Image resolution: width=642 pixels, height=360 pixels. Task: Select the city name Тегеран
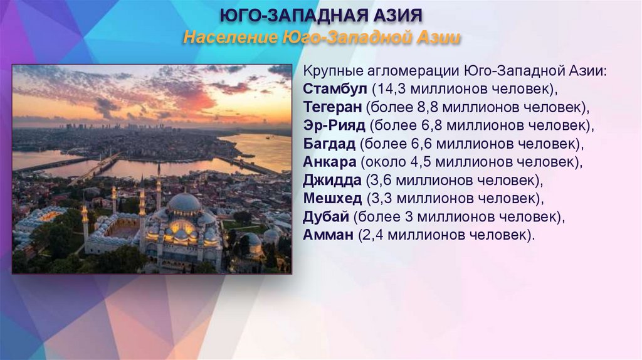(332, 107)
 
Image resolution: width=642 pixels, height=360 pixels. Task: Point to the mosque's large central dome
(184, 202)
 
